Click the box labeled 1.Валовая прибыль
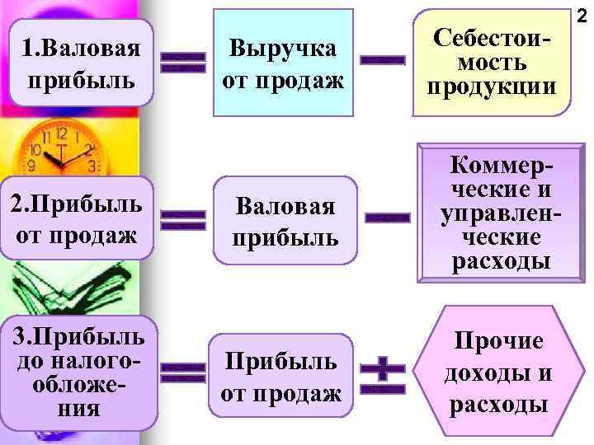(82, 63)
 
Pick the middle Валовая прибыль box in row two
(284, 220)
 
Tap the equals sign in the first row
(182, 62)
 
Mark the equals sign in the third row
(182, 374)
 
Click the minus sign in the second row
(386, 218)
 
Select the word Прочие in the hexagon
(497, 341)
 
